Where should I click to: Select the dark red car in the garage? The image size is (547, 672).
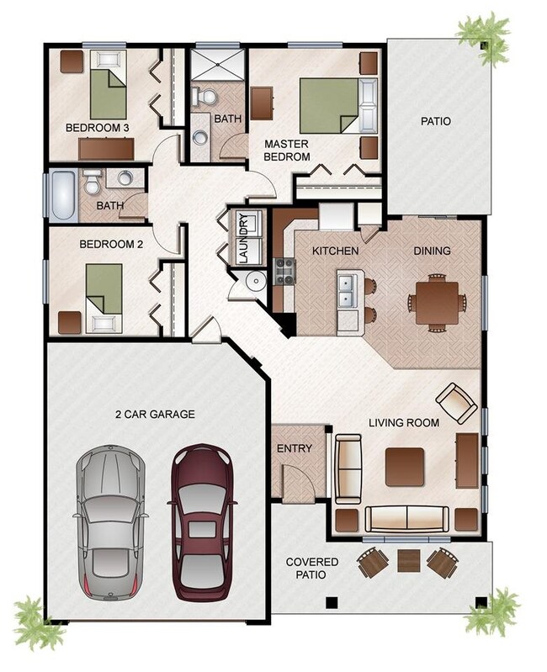202,521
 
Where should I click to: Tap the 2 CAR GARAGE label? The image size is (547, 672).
155,414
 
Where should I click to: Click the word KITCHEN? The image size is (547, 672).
336,251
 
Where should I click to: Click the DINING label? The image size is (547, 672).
432,251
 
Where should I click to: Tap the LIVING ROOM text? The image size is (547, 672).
403,422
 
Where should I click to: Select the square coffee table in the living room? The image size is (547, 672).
404,466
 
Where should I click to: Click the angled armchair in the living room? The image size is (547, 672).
456,402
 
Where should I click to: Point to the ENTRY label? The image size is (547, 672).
295,448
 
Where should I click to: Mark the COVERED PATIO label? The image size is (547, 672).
311,568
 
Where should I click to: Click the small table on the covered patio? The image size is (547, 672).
408,559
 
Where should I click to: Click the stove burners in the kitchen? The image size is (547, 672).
284,270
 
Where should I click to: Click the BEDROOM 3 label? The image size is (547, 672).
97,128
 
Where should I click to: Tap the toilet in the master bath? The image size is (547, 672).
203,96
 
